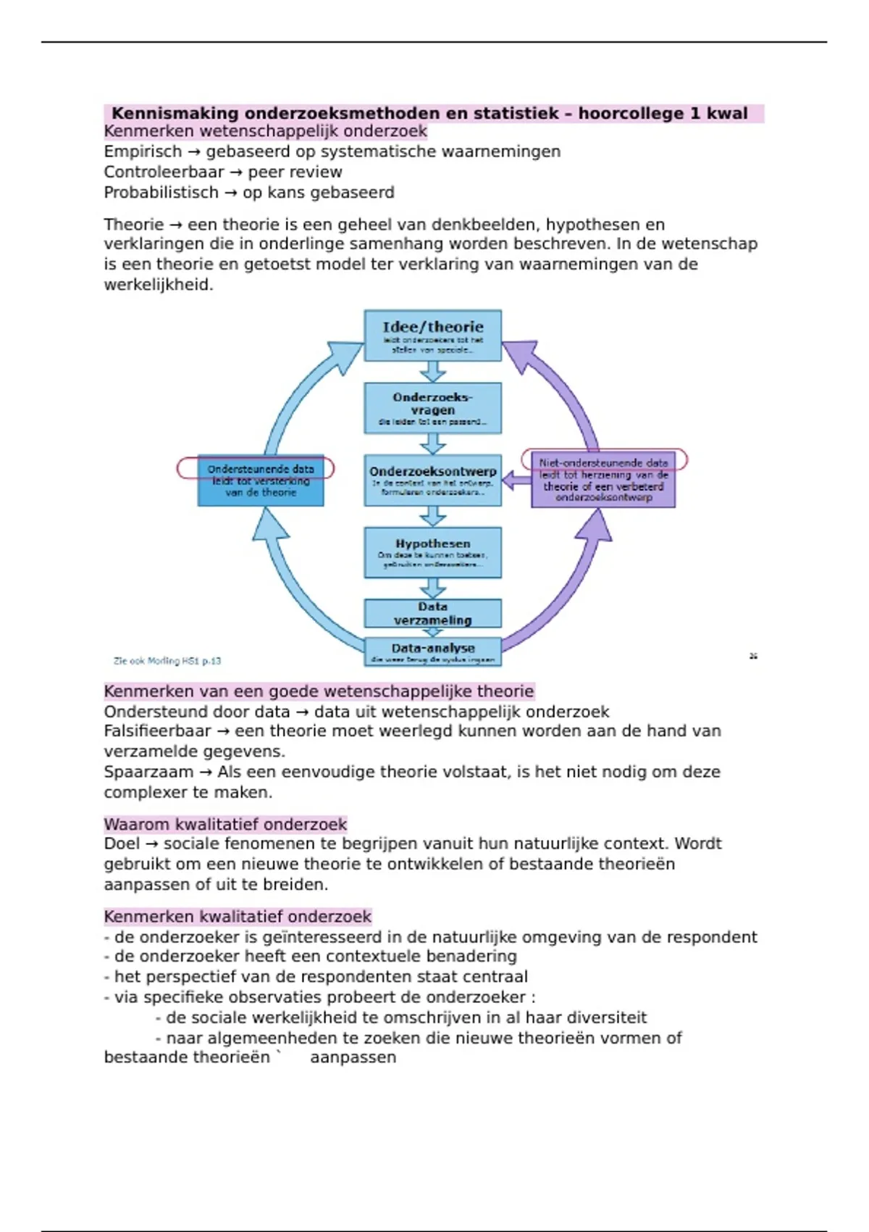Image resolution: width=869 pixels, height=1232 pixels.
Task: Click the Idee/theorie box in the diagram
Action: click(432, 335)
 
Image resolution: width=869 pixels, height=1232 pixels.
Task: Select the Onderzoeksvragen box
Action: click(432, 408)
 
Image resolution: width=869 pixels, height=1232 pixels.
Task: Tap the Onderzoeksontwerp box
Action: click(432, 480)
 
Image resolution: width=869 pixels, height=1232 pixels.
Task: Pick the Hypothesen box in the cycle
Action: click(432, 552)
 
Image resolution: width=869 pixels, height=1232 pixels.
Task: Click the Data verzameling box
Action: click(432, 613)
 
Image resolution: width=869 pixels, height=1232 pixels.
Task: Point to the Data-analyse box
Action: click(432, 651)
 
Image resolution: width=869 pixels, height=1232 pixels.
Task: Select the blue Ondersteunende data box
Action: click(261, 481)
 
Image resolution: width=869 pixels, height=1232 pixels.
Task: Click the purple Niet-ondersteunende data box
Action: click(603, 480)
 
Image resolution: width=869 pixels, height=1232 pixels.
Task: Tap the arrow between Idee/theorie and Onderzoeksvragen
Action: click(433, 372)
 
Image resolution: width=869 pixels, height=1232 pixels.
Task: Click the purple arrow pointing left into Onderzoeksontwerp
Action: click(516, 480)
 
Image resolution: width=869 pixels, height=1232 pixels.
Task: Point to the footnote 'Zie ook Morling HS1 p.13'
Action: click(167, 661)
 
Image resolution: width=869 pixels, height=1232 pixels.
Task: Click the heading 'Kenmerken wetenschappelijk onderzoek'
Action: click(265, 131)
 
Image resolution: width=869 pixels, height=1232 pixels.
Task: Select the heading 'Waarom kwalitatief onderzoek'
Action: click(225, 824)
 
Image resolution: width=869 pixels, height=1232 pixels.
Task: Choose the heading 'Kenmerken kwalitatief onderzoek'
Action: click(238, 916)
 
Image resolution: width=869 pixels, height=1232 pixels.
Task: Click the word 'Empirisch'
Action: click(143, 151)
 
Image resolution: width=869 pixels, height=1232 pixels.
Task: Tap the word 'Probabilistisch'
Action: click(161, 193)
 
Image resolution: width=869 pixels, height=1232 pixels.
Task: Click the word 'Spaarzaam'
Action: click(148, 772)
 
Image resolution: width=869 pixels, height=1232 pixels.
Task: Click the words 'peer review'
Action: click(295, 172)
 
